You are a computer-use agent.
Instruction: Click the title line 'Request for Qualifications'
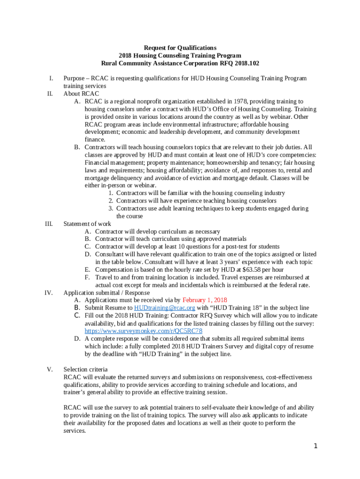coord(180,48)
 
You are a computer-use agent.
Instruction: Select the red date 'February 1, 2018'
coord(204,300)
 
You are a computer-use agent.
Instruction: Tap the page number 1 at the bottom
coord(316,446)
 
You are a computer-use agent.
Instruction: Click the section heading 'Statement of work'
coord(87,224)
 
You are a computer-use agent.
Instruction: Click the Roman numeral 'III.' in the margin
coord(48,224)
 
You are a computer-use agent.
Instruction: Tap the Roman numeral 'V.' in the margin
coord(50,370)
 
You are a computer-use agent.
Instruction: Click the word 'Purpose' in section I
coord(74,79)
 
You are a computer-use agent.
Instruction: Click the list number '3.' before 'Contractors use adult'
coord(111,208)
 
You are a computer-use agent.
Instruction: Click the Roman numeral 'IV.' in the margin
coord(48,293)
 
